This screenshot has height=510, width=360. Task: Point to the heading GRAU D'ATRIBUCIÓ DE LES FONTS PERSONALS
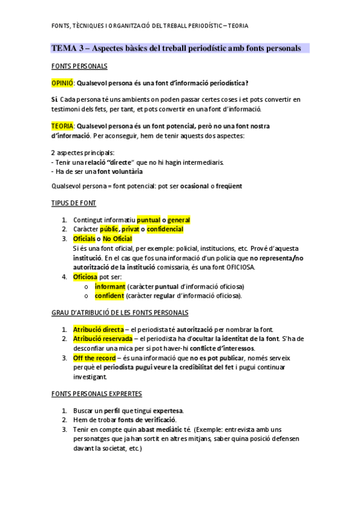120,313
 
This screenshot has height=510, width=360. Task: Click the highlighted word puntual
148,220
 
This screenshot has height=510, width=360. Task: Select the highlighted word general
178,220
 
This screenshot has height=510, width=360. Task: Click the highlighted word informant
109,286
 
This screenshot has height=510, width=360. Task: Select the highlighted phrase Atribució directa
98,330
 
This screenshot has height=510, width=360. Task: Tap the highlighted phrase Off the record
94,358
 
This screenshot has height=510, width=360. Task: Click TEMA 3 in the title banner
66,48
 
